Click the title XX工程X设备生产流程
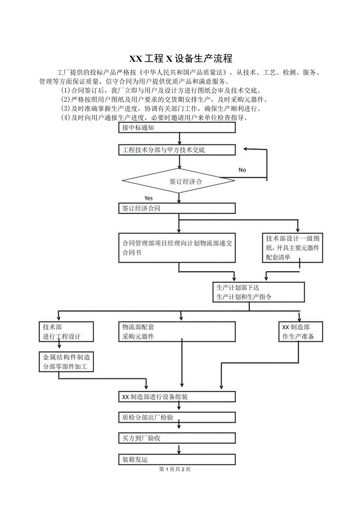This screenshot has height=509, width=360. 181,59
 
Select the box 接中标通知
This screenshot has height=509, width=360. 177,128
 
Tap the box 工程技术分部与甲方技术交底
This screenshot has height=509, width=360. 177,150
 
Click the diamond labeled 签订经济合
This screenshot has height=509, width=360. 178,181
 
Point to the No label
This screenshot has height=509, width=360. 242,170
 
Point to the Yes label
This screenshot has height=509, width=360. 149,198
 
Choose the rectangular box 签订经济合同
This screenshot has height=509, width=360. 177,209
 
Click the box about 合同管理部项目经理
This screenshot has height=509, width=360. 177,248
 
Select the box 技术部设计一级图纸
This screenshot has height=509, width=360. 293,248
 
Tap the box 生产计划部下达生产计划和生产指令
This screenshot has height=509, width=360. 258,292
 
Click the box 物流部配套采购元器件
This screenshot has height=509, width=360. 177,332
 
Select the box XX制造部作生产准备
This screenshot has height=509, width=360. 301,332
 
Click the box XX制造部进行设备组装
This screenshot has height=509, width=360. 177,397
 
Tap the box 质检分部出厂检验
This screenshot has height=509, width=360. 177,417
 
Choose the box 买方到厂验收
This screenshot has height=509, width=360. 177,438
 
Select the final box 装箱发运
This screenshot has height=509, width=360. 177,459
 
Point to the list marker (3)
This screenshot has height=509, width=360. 65,108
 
